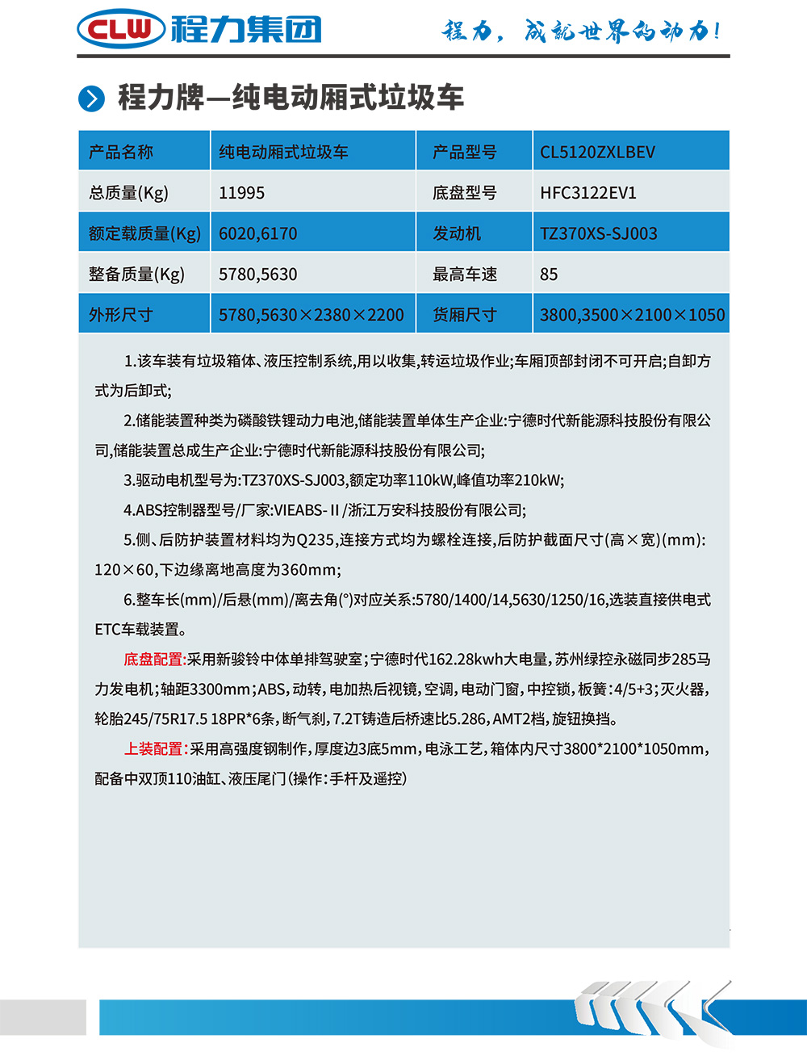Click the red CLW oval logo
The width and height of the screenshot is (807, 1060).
coord(121,30)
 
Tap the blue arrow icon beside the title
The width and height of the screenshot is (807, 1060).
coord(91,98)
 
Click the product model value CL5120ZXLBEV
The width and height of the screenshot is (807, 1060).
coord(597,152)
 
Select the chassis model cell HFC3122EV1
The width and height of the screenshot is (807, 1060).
coord(588,193)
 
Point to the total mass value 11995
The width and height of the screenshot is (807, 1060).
coord(241,193)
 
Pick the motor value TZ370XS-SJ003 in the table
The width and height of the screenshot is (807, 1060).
coord(598,233)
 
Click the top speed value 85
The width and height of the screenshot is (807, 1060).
coord(549,274)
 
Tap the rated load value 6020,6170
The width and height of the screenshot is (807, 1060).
coord(257,233)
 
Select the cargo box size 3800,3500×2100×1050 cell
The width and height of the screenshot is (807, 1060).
coord(632,315)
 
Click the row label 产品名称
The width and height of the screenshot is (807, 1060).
coord(121,152)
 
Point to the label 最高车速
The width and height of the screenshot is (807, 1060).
coord(464,274)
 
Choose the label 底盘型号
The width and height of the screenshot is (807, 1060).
coord(464,193)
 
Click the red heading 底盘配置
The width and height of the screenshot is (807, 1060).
coord(154,660)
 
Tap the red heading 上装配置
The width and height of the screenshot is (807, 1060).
coord(155,749)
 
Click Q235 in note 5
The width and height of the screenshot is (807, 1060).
coord(316,540)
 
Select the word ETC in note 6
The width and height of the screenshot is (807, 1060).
coord(107,630)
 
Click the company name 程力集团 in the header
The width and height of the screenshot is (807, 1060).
coord(246,30)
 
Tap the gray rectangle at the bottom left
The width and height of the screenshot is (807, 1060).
coord(43,1017)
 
